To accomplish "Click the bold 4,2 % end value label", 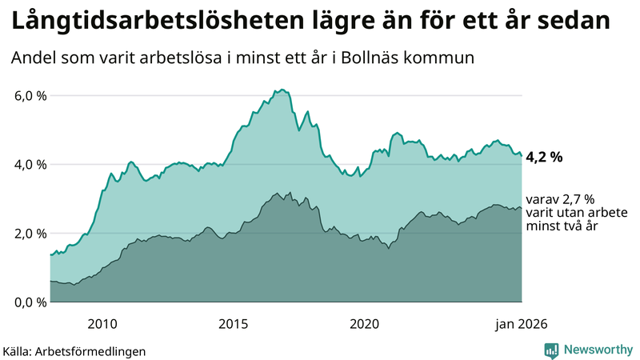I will pyautogui.click(x=544, y=157).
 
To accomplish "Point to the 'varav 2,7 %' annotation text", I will pyautogui.click(x=561, y=199).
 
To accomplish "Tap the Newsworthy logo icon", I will pyautogui.click(x=552, y=350).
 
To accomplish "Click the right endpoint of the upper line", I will pyautogui.click(x=522, y=156).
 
